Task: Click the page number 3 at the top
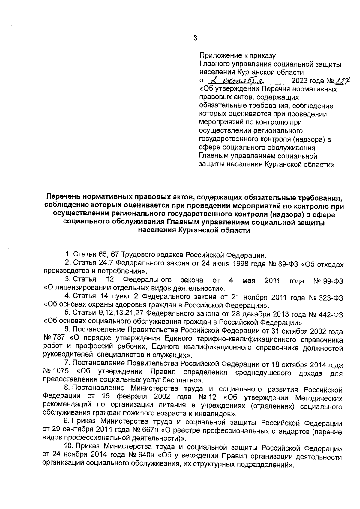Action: pos(195,38)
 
